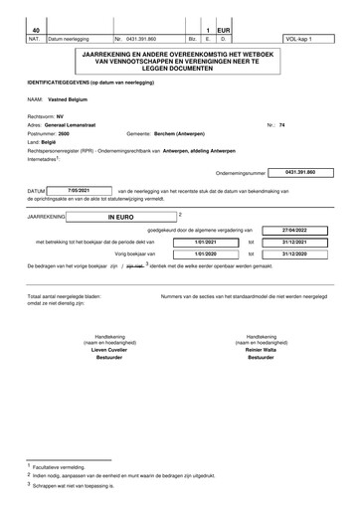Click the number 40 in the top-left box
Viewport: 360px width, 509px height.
pos(36,30)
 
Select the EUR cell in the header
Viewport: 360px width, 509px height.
pos(225,30)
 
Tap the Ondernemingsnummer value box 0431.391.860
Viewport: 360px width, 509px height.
pos(298,172)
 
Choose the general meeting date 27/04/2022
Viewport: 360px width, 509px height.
pos(296,229)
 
